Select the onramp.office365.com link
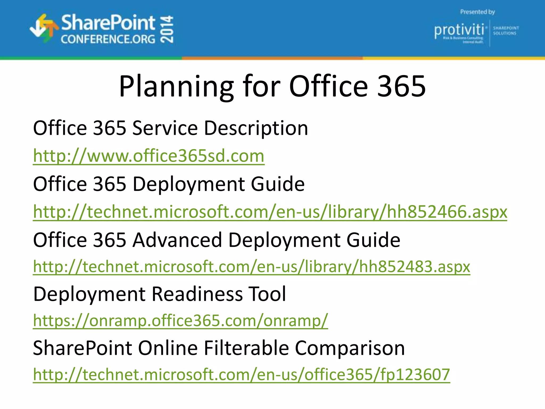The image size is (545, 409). pyautogui.click(x=180, y=320)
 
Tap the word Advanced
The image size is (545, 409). pyautogui.click(x=177, y=240)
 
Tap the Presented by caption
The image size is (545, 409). pyautogui.click(x=477, y=12)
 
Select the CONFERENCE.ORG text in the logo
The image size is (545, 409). pyautogui.click(x=108, y=39)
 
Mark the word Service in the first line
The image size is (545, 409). pyautogui.click(x=165, y=128)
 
